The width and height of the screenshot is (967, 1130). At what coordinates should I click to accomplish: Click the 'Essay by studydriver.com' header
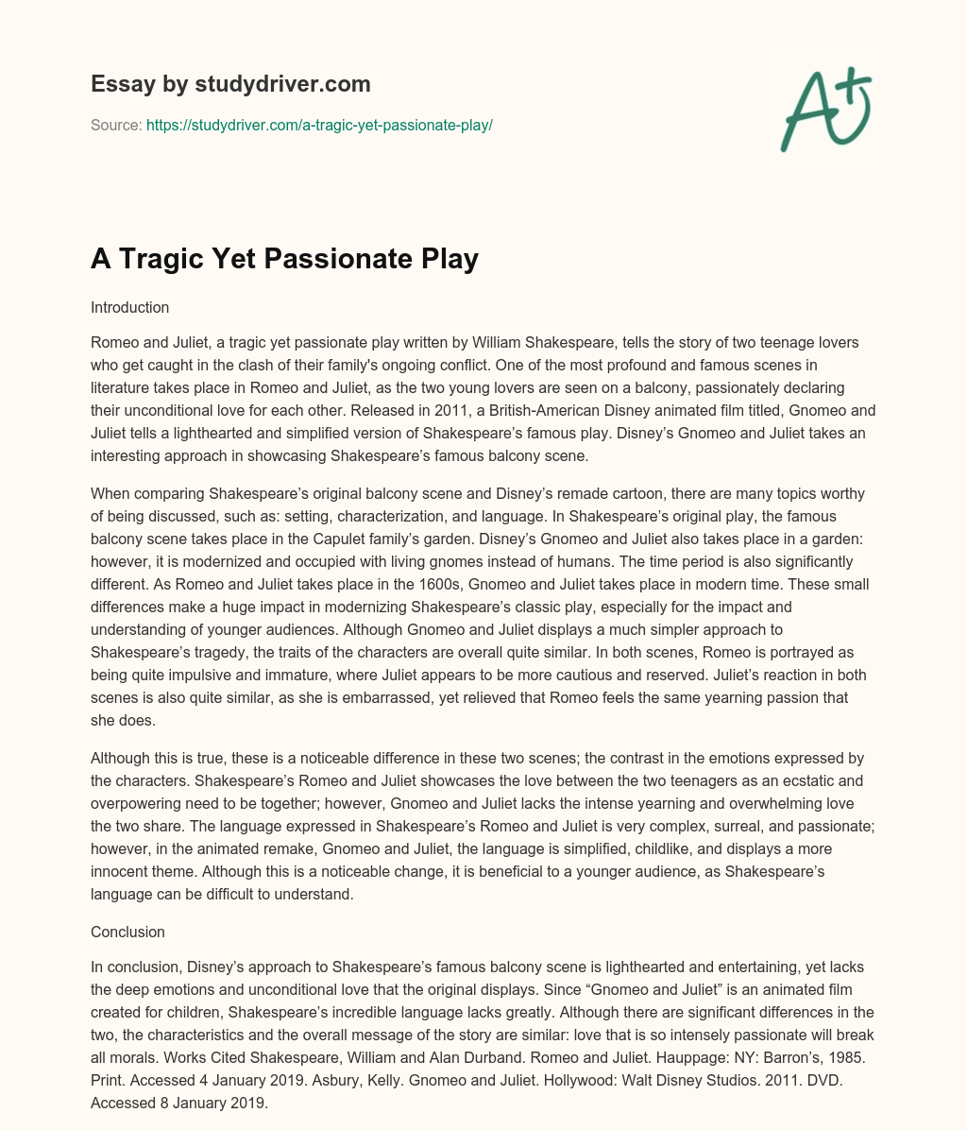pos(229,84)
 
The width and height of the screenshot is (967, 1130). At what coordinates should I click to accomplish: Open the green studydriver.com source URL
pos(319,125)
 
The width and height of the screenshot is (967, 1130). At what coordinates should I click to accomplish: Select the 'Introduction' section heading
pos(129,307)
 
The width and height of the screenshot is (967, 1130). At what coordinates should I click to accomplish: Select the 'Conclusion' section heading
pos(127,932)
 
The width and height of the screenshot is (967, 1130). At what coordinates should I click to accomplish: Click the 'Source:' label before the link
pos(116,125)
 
